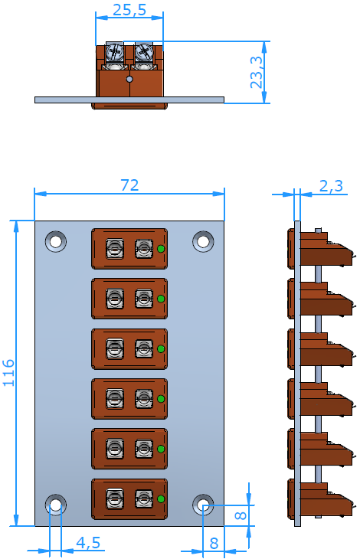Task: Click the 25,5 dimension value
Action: (x=129, y=10)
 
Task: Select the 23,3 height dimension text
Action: (x=257, y=72)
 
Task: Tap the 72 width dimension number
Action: (x=129, y=185)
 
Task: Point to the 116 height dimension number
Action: (x=8, y=373)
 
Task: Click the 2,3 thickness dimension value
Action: (x=331, y=186)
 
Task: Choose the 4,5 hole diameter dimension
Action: (x=88, y=543)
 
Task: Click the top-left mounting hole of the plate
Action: (x=56, y=241)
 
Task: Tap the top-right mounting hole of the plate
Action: (x=203, y=241)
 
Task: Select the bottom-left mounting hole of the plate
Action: (x=56, y=505)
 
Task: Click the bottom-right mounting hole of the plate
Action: (x=203, y=505)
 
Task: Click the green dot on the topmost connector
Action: (x=161, y=249)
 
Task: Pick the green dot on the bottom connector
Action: (x=161, y=499)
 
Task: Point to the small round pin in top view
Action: (x=129, y=79)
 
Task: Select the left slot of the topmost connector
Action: (x=115, y=249)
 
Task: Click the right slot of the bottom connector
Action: (x=144, y=499)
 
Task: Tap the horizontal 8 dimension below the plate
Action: (x=214, y=544)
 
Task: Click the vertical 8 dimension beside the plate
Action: (x=241, y=515)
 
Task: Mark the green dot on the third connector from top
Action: (x=161, y=348)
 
